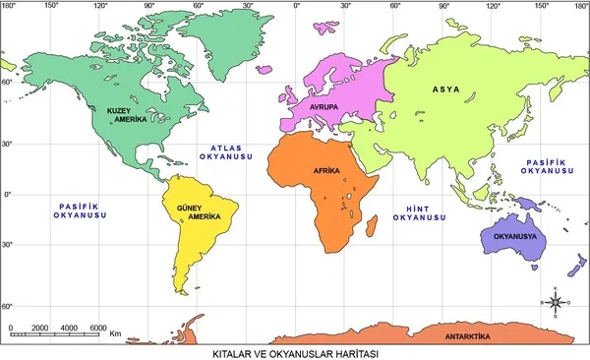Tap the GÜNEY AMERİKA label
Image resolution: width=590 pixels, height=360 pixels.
(x=193, y=211)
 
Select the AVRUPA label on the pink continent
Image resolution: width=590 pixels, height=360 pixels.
(x=324, y=105)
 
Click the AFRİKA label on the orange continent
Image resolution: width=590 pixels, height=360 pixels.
(x=326, y=171)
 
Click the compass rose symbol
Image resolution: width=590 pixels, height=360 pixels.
(x=554, y=302)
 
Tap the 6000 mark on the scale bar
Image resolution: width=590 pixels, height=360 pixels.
(x=98, y=328)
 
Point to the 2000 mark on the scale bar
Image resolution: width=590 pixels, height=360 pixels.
(x=39, y=328)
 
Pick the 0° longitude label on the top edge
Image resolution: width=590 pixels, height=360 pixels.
(x=297, y=6)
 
